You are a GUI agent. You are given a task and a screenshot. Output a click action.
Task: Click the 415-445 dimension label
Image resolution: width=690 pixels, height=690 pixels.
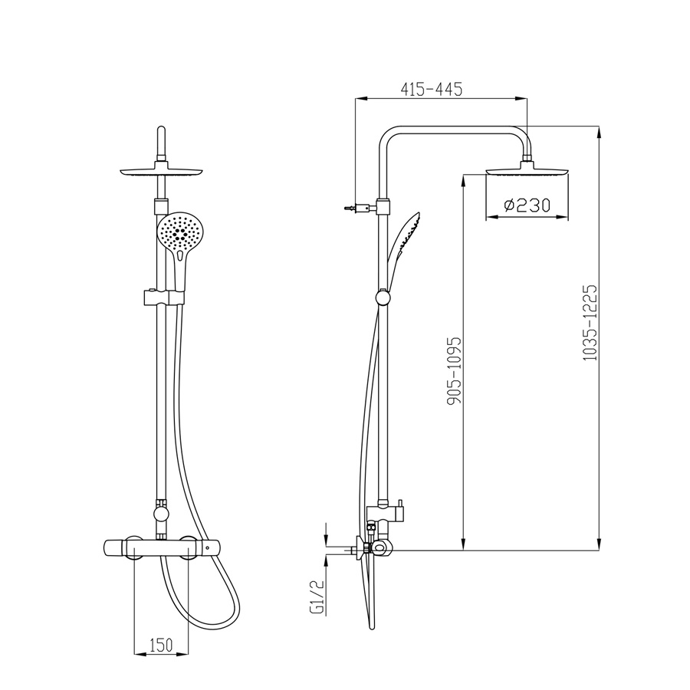[x=431, y=90]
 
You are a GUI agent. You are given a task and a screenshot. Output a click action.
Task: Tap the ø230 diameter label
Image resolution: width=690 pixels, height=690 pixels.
[x=527, y=205]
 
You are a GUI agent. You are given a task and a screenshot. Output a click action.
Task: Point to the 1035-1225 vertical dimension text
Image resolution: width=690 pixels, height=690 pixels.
[x=590, y=324]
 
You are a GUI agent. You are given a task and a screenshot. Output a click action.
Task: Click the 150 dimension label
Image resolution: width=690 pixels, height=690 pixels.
[x=161, y=646]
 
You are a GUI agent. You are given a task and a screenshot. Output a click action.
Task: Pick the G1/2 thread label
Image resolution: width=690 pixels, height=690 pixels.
[x=317, y=596]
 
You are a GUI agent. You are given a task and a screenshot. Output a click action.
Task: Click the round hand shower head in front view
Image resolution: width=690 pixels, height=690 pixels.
[x=180, y=232]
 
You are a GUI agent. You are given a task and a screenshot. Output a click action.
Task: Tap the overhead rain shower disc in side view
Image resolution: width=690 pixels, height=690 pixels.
[x=527, y=170]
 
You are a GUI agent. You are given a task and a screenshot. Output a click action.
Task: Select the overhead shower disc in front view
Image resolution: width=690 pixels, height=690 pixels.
[x=162, y=170]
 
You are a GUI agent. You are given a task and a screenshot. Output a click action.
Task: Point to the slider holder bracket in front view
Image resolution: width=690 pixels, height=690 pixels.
[x=164, y=297]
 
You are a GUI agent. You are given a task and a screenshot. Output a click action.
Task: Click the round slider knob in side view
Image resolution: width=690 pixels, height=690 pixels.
[x=383, y=297]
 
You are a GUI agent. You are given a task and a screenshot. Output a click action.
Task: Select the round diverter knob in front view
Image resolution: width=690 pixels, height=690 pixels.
[x=161, y=514]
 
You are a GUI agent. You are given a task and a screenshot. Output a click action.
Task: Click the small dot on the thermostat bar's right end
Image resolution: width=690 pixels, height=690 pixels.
[x=207, y=548]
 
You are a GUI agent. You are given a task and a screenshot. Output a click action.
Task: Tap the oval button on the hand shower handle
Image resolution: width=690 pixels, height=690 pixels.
[x=181, y=255]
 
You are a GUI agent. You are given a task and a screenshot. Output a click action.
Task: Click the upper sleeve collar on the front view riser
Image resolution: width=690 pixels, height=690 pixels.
[x=161, y=205]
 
